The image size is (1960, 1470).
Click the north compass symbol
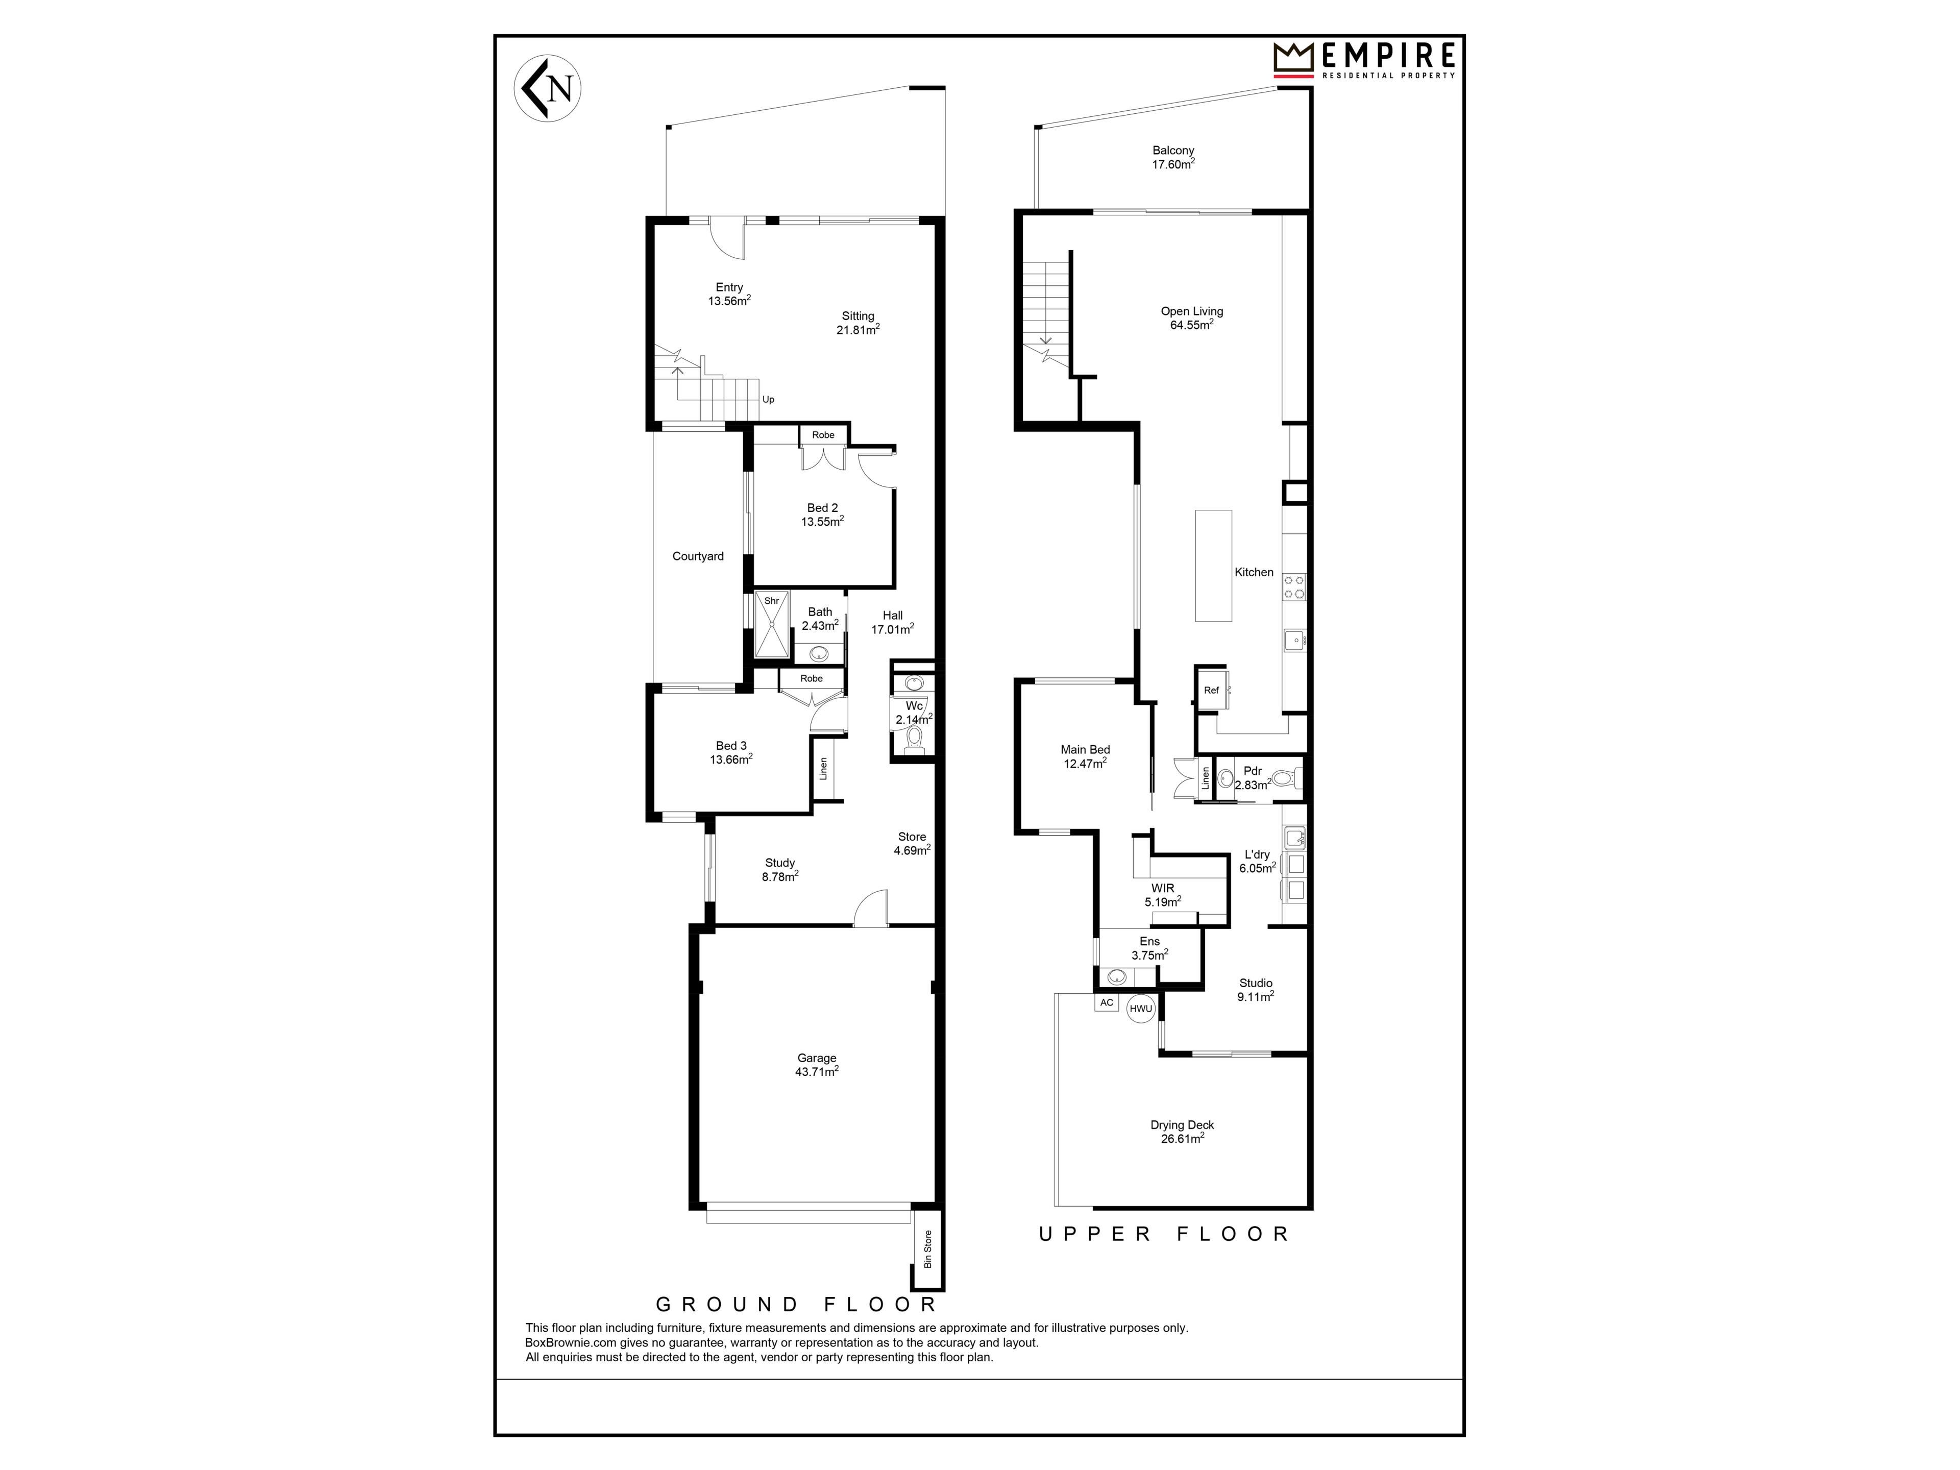coord(548,89)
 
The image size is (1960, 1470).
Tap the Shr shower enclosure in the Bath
coord(772,625)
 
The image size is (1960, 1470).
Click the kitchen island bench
coord(1213,566)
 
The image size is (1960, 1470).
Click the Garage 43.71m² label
coord(817,1064)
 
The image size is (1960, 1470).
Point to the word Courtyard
coord(698,556)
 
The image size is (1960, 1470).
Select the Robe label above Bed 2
coord(823,435)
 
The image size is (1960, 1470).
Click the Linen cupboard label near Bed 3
coord(823,768)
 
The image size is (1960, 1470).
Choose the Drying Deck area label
coord(1182,1132)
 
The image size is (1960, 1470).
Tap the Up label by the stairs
coord(768,400)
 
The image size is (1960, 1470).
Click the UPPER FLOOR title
coord(1164,1233)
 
